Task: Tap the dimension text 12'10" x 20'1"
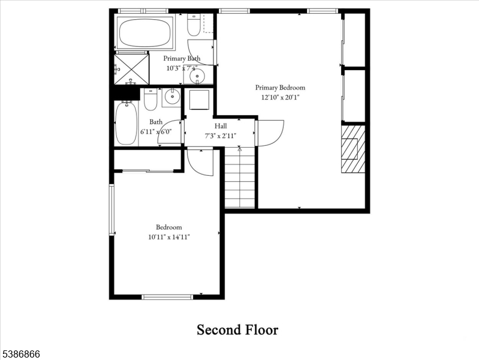(x=280, y=97)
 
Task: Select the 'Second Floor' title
(x=238, y=329)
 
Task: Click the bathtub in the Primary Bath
(x=144, y=32)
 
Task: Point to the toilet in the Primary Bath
(x=194, y=25)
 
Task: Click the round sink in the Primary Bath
(x=197, y=76)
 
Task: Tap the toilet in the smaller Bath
(x=150, y=100)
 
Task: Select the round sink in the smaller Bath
(x=171, y=96)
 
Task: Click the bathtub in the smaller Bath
(x=126, y=123)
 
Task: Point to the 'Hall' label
(x=221, y=126)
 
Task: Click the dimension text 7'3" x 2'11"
(x=221, y=136)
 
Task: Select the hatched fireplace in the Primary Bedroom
(x=353, y=149)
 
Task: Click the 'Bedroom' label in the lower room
(x=169, y=227)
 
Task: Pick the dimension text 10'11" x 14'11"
(x=169, y=237)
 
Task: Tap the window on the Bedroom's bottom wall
(x=167, y=296)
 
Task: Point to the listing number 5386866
(x=20, y=355)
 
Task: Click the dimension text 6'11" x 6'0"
(x=156, y=131)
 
